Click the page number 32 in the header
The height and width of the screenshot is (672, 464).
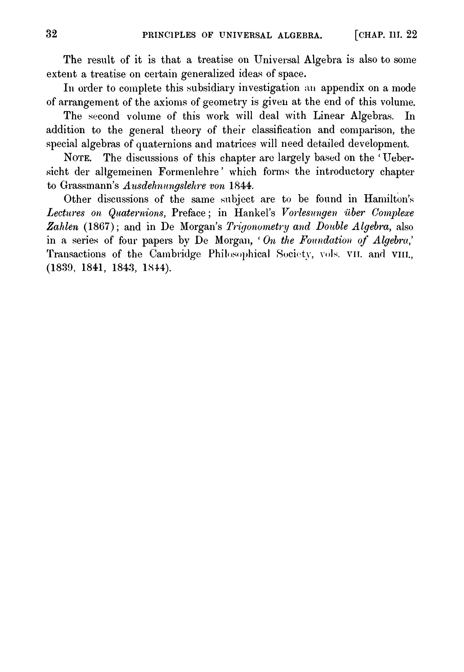(52, 34)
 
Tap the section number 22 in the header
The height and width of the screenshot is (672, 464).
(412, 35)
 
